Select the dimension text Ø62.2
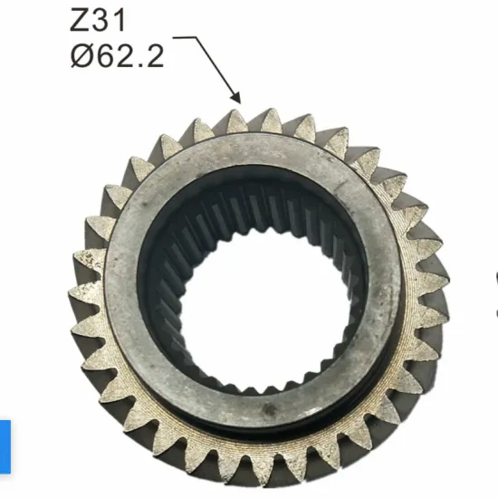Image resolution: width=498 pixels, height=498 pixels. point(118,56)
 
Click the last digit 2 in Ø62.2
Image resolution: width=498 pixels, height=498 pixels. point(156,56)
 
